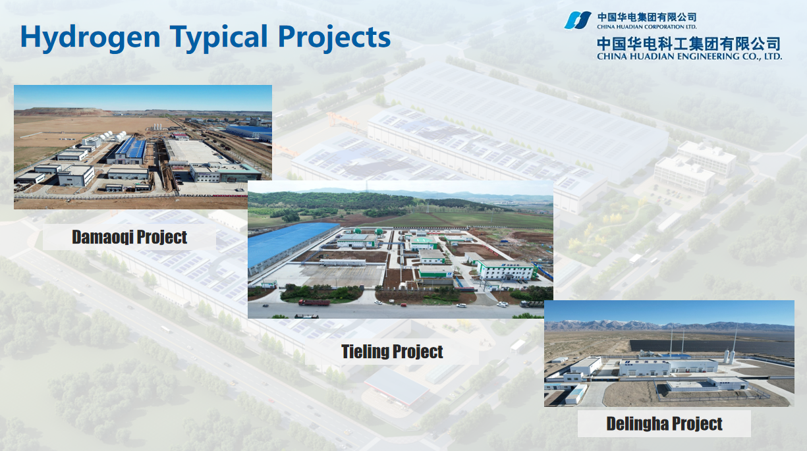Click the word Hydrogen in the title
point(90,38)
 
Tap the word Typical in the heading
point(219,38)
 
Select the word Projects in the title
point(335,38)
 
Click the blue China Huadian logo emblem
point(578,20)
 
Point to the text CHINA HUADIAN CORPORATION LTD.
point(647,26)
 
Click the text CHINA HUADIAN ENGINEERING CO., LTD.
point(689,56)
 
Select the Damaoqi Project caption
point(129,237)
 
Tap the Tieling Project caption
point(392,352)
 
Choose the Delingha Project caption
point(664,423)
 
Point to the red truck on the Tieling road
point(314,303)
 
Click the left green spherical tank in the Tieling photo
point(357,230)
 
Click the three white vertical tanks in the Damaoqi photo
point(157,127)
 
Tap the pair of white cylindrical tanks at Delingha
point(729,356)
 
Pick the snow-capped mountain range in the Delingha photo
point(669,326)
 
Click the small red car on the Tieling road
point(404,305)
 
